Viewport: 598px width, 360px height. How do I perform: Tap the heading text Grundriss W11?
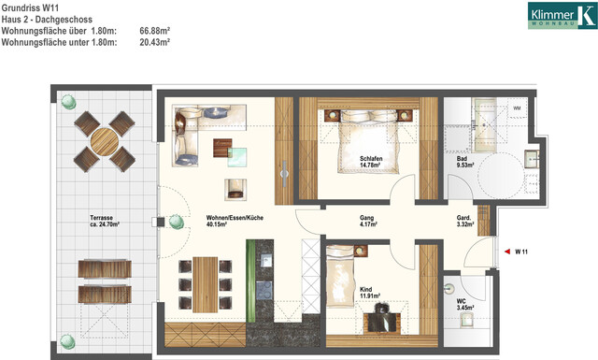coord(30,7)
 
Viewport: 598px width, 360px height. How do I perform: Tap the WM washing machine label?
coord(518,109)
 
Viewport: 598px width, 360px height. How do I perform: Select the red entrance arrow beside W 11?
coord(506,251)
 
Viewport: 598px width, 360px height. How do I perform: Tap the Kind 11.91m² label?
coord(372,294)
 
